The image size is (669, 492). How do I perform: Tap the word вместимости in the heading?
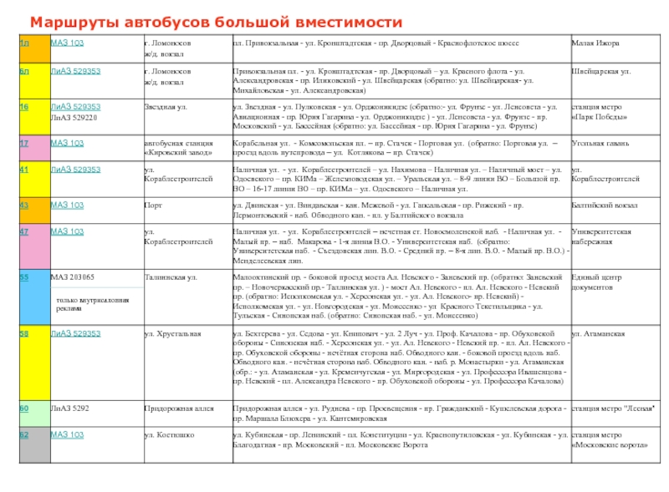click(x=346, y=21)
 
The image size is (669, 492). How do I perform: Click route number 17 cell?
click(x=24, y=143)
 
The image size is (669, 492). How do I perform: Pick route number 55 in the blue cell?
click(x=24, y=276)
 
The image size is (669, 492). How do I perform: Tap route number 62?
click(x=24, y=434)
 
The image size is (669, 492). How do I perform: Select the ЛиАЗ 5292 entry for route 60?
click(x=69, y=408)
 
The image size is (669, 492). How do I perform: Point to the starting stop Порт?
click(x=153, y=205)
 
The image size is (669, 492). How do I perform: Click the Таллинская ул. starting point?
click(x=170, y=276)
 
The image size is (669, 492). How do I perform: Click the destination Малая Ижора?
click(x=595, y=42)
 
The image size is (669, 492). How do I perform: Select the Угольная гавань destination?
click(x=600, y=143)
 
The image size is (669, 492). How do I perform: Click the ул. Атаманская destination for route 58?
click(x=598, y=333)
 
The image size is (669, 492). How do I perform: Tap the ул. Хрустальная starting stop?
click(x=172, y=333)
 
